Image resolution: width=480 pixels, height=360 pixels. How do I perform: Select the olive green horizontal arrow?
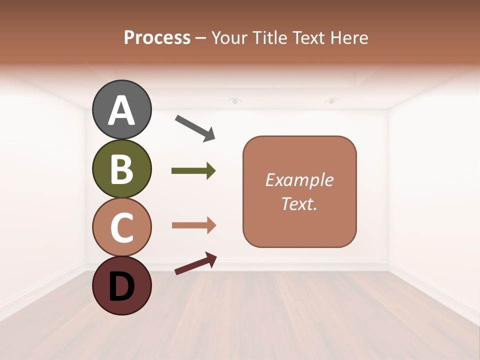193,171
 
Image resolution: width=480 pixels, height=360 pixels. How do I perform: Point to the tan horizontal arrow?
194,225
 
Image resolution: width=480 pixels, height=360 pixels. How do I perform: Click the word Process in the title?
157,38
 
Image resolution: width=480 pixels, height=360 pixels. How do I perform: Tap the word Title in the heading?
266,38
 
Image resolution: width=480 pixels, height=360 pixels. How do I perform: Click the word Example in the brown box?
299,180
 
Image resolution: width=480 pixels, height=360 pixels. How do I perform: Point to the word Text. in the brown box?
299,203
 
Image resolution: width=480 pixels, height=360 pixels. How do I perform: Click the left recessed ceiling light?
234,101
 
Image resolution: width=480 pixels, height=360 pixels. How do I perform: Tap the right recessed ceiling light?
331,101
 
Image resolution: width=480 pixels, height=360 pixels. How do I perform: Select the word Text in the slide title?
308,38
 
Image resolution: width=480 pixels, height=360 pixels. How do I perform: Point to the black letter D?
121,286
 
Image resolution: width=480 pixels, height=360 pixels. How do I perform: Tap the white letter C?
121,227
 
